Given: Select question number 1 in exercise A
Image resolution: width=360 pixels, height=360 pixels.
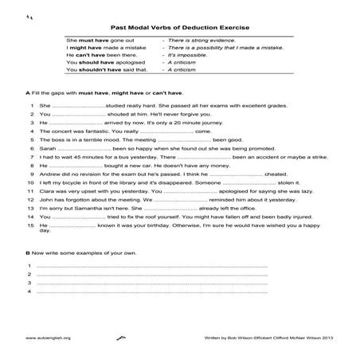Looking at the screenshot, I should (29, 104).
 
